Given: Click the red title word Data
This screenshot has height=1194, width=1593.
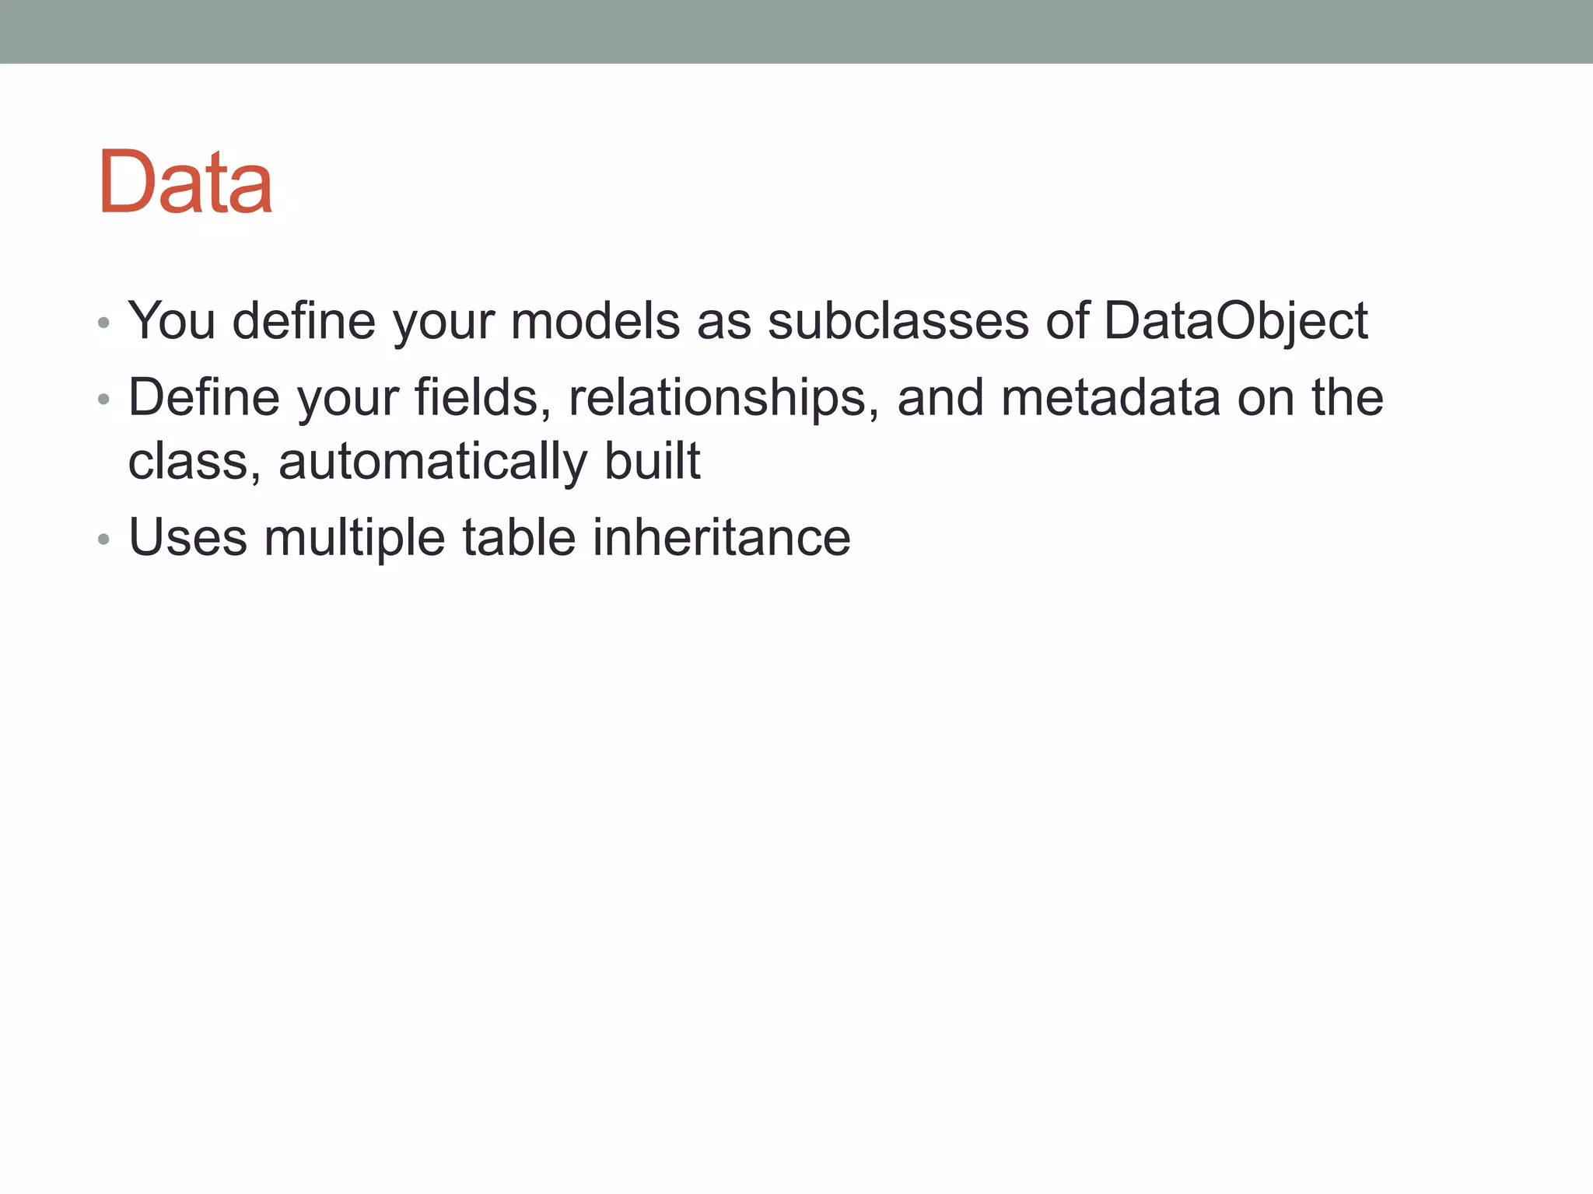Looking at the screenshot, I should (185, 182).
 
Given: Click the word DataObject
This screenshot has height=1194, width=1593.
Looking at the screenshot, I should (1235, 320).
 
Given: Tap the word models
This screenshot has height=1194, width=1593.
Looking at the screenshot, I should (595, 320).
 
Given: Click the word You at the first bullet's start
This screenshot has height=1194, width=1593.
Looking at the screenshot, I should (172, 320).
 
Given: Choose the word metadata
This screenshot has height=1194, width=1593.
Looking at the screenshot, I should (1111, 398).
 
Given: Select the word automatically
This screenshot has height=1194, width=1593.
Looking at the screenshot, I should (432, 462).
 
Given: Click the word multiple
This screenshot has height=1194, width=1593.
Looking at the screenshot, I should (354, 538).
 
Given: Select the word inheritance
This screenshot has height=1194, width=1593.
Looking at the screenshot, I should (721, 538).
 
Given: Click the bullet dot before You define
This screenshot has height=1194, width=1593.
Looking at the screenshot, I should (103, 323).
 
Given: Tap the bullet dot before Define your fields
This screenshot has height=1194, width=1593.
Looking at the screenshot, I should (103, 400).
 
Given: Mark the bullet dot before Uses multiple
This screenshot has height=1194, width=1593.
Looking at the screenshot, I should (103, 539).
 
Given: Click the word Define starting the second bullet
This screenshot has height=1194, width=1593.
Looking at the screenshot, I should (204, 398).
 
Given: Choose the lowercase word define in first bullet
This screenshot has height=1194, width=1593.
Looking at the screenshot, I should (303, 320).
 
